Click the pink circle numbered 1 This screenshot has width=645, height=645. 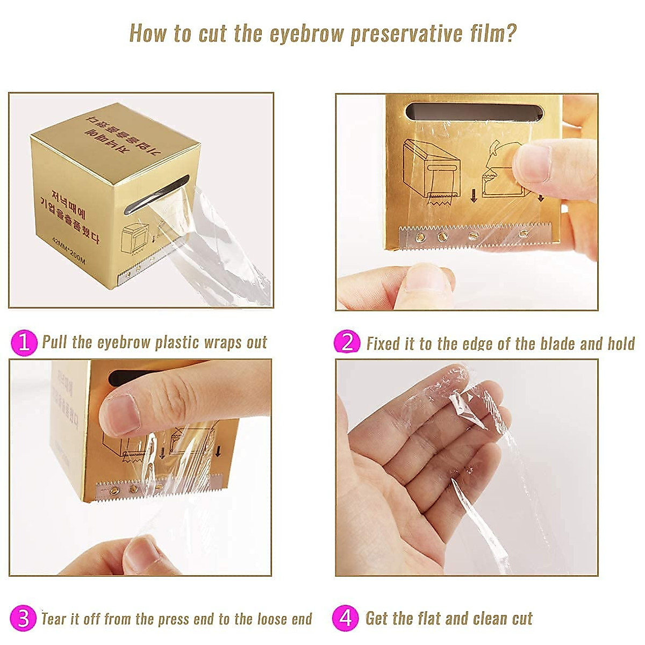(24, 342)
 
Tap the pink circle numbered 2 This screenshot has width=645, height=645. (347, 342)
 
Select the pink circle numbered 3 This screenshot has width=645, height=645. (23, 618)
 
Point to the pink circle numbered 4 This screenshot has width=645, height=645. (346, 618)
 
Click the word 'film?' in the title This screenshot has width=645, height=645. (492, 33)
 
